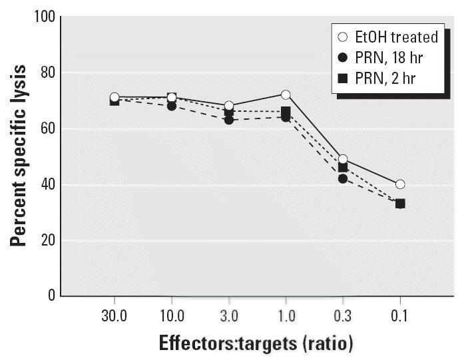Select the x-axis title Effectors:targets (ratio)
coord(256,343)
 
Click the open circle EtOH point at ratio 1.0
coord(286,94)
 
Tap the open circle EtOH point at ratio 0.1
coord(400,184)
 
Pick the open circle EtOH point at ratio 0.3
coord(343,159)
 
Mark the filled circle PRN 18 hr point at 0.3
coord(343,178)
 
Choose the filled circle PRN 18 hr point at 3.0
coord(229,120)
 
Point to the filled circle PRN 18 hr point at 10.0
coord(172,106)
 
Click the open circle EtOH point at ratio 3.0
coord(229,106)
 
